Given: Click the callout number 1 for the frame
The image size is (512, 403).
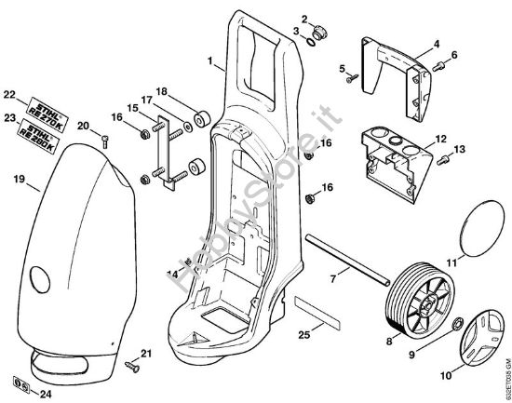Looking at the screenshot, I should point(211,62).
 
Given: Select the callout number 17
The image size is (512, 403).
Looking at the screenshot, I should point(147,101).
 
